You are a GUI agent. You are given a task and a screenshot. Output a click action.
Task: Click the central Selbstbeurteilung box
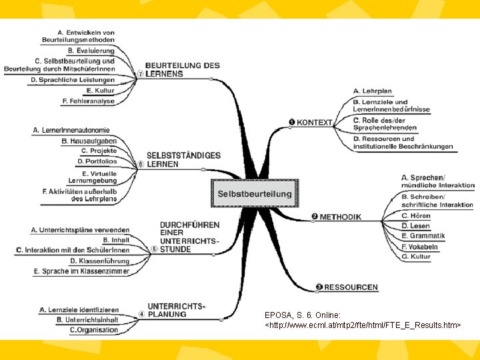[x=255, y=194]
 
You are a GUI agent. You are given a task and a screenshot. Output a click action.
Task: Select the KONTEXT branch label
[x=314, y=122]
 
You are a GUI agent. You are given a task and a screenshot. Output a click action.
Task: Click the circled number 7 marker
[x=140, y=74]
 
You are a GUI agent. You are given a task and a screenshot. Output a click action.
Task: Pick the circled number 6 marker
[x=141, y=164]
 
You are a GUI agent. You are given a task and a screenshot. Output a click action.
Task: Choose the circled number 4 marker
[x=141, y=314]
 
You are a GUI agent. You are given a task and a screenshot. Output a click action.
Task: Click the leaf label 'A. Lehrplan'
[x=373, y=91]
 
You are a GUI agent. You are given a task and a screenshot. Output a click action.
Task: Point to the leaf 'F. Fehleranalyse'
[x=87, y=101]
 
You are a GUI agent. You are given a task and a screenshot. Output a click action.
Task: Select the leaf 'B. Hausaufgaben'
[x=89, y=141]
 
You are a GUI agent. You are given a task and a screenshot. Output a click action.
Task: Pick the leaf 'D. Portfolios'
[x=97, y=161]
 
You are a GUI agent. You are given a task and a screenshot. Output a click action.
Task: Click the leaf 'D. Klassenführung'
[x=100, y=261]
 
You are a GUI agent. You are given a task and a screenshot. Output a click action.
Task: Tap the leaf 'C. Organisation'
[x=94, y=330]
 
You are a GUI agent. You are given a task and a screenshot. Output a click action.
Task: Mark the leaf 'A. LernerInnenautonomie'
[x=71, y=129]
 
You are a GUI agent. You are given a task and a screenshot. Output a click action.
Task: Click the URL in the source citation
[x=363, y=324]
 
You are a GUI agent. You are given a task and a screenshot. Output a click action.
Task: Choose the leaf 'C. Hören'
[x=415, y=216]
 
